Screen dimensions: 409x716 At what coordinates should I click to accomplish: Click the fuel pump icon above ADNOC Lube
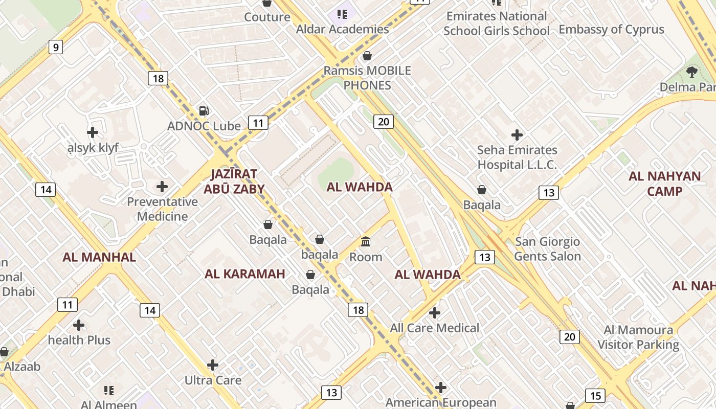tap(204, 111)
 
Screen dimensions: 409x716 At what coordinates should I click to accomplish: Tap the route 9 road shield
tap(56, 48)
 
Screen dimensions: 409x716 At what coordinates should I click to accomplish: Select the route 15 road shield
tap(595, 396)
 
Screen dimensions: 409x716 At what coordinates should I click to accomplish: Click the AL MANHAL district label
tap(99, 257)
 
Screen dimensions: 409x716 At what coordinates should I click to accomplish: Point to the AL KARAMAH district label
tap(245, 274)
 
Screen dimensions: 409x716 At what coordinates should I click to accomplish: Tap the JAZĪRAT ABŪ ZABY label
tap(234, 181)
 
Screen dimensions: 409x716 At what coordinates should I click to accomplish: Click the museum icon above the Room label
tap(366, 241)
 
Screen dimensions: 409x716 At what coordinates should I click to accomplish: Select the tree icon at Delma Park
tap(691, 72)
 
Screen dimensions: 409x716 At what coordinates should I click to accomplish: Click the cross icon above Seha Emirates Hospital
tap(517, 135)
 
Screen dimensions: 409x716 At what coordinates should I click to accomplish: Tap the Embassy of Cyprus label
tap(611, 30)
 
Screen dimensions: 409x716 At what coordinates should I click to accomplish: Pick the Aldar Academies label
tap(343, 29)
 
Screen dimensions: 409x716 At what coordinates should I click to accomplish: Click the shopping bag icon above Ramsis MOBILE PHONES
tap(367, 56)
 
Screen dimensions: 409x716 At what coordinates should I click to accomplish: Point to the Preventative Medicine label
tap(162, 209)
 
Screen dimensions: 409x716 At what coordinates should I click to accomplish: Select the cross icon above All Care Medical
tap(435, 312)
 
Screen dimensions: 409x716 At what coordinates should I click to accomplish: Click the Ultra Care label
tap(213, 380)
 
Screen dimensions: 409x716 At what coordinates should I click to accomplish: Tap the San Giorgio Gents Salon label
tap(547, 249)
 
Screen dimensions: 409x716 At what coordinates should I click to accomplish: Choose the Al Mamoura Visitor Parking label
tap(638, 337)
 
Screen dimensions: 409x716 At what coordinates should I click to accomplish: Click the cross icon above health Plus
tap(79, 325)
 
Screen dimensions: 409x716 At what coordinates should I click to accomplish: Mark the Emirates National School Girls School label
tap(497, 24)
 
